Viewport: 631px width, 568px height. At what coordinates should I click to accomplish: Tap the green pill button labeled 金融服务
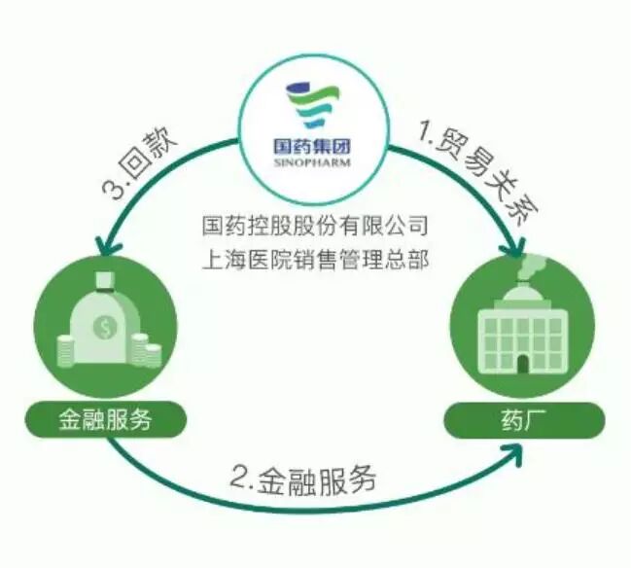pos(106,420)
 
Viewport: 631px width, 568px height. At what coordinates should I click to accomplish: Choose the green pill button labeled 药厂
pos(525,421)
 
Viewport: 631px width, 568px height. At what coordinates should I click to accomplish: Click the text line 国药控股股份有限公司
pos(314,226)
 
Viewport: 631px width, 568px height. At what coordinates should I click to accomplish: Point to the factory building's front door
pos(523,363)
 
